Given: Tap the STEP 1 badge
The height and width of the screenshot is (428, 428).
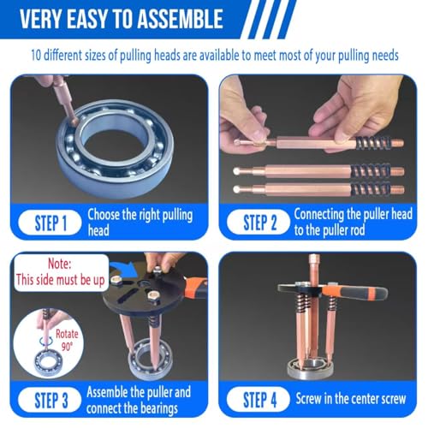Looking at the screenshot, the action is (x=51, y=223).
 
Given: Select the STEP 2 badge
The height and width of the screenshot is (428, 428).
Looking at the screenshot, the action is (x=259, y=223).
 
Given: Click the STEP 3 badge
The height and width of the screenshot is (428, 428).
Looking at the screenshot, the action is (x=51, y=400).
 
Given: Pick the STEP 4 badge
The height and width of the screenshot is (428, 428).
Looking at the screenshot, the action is (x=259, y=400).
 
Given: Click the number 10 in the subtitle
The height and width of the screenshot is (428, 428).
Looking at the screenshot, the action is (x=36, y=55).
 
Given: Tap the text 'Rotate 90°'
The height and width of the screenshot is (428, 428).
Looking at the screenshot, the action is (x=67, y=340).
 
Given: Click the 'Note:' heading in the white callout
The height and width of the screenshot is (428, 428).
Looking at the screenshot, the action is (x=60, y=264).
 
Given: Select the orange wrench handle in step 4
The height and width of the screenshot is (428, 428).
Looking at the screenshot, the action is (x=354, y=293).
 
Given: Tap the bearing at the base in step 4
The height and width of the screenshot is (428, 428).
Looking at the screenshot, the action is (x=310, y=369).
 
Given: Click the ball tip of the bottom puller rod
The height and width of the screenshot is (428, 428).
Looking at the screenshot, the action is (x=236, y=189).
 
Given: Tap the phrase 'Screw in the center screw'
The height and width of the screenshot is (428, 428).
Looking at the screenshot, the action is (x=351, y=399).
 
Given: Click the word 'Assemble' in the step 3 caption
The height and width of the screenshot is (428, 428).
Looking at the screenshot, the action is (x=108, y=392).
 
